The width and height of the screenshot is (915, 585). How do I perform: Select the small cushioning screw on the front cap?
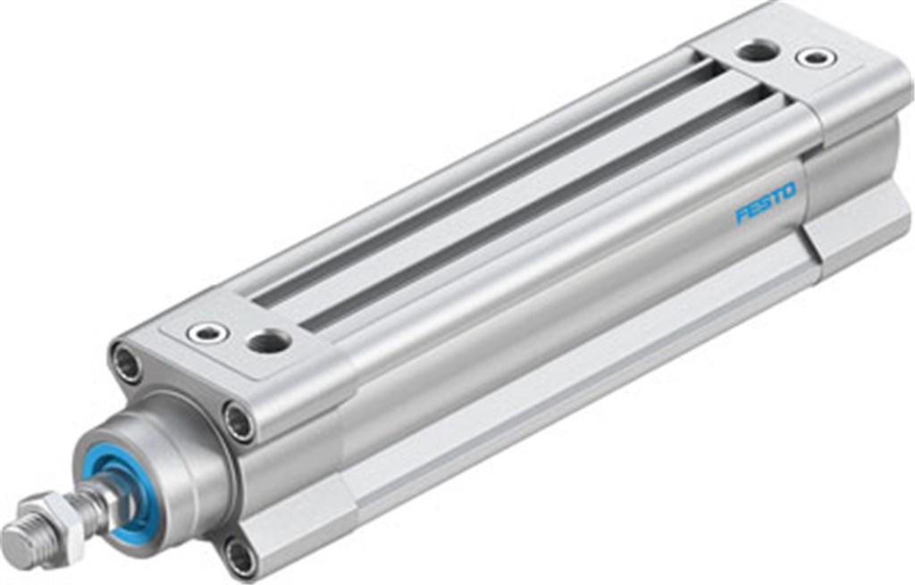point(207,333)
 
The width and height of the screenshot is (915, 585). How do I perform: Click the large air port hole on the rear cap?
point(758,50)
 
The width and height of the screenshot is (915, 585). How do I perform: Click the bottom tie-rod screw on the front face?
point(239,558)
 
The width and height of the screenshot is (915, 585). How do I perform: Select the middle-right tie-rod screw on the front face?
point(239,421)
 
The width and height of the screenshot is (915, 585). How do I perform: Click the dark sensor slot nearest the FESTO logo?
point(536,205)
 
